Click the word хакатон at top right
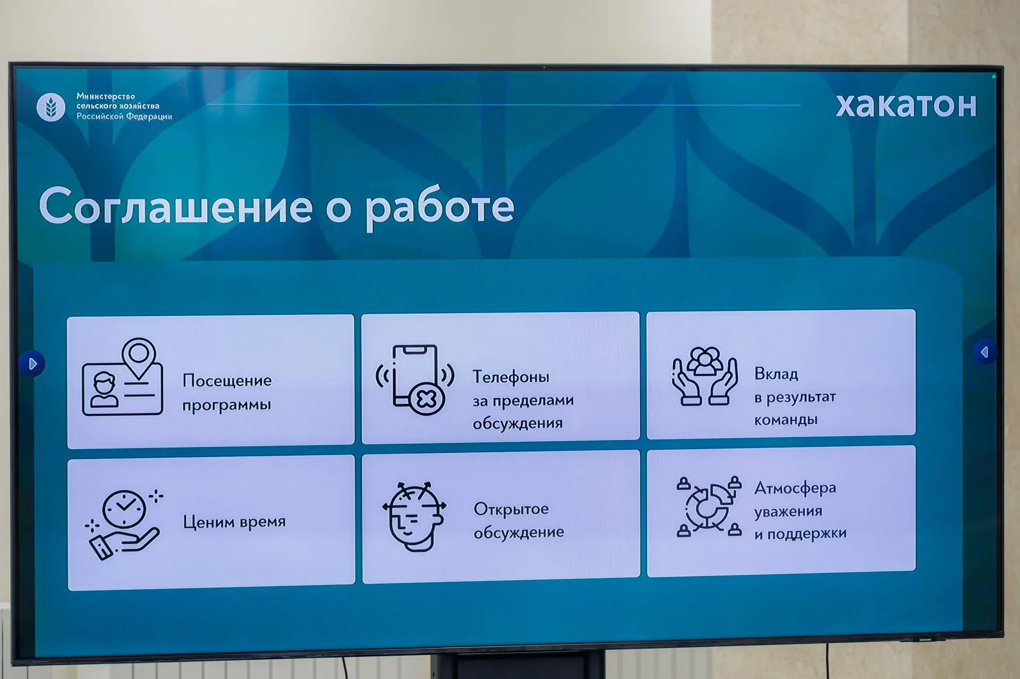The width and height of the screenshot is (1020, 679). (x=906, y=105)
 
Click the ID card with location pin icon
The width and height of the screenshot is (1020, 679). (x=122, y=378)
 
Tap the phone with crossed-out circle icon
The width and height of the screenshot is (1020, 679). (x=415, y=380)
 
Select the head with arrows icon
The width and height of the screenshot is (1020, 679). (x=414, y=516)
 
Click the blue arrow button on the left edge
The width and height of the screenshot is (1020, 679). (x=32, y=364)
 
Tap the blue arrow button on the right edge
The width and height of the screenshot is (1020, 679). (x=984, y=352)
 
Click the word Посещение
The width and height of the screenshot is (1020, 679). (x=227, y=381)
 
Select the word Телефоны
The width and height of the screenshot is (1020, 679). (x=511, y=377)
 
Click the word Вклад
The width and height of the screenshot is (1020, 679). (x=776, y=374)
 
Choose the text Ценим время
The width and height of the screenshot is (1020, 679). (x=234, y=522)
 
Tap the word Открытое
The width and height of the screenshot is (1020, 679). (x=511, y=509)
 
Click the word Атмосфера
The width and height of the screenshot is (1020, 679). (x=795, y=488)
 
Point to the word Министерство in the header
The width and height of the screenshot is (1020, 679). (x=106, y=96)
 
